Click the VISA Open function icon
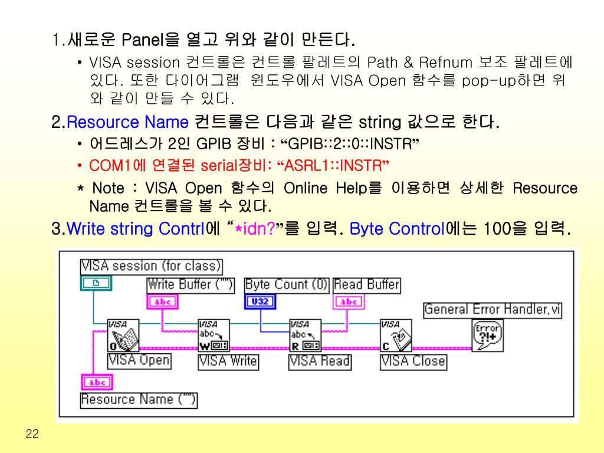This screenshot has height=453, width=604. coord(123,335)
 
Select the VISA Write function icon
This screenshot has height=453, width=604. coord(214,335)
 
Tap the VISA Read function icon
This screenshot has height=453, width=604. coord(304,335)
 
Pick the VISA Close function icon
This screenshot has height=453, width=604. coord(396,335)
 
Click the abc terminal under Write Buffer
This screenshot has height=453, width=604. coord(162,302)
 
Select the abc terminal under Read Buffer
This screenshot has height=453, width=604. coord(349,302)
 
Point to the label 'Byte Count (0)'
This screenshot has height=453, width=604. coord(287,285)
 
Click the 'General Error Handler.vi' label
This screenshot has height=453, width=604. coord(493,309)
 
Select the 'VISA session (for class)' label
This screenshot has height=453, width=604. coord(152,266)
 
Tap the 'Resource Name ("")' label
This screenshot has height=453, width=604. coord(139,400)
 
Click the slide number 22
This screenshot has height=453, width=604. coord(32,435)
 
